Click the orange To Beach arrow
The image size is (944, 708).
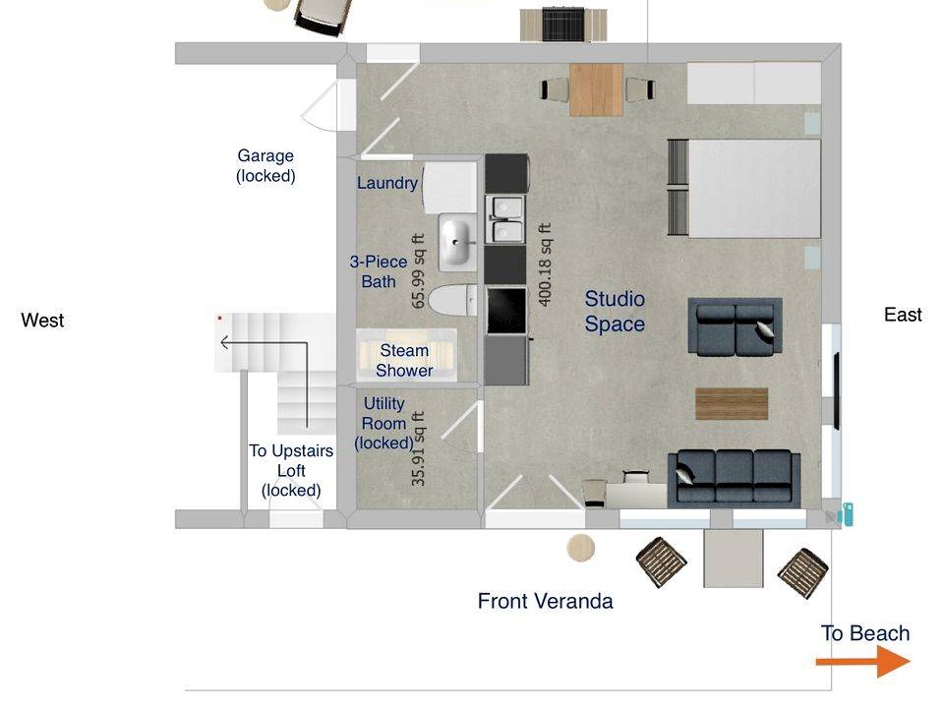pos(863,662)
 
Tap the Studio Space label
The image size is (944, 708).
pos(615,312)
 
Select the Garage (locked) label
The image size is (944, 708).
pos(265,165)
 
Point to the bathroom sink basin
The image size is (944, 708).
pos(456,242)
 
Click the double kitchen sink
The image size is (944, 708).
pos(505,218)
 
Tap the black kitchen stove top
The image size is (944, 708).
pos(505,311)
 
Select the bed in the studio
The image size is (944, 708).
pos(744,189)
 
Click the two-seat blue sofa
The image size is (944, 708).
pos(736,326)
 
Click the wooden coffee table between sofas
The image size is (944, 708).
pos(732,404)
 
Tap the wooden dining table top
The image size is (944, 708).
pos(596,89)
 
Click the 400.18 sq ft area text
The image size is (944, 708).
pos(544,265)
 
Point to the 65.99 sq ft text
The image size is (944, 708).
pos(418,271)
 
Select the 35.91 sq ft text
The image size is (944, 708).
pos(418,448)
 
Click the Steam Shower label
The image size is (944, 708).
pos(404,360)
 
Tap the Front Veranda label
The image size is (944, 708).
pos(546,601)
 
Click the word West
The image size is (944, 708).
pos(42,320)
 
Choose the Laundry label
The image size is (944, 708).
pos(387,183)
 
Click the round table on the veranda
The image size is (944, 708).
pos(581,548)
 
